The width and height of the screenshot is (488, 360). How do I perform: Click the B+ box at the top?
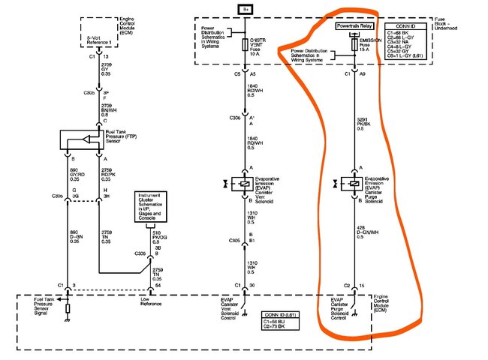click(246, 9)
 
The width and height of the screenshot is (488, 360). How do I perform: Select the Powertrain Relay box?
click(354, 25)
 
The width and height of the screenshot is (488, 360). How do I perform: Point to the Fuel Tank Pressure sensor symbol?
click(84, 140)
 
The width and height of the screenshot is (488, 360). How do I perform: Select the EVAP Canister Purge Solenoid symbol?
click(354, 183)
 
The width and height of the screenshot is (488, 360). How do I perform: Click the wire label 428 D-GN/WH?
click(369, 232)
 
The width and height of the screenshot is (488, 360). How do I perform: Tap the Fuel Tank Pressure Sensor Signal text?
click(43, 304)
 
